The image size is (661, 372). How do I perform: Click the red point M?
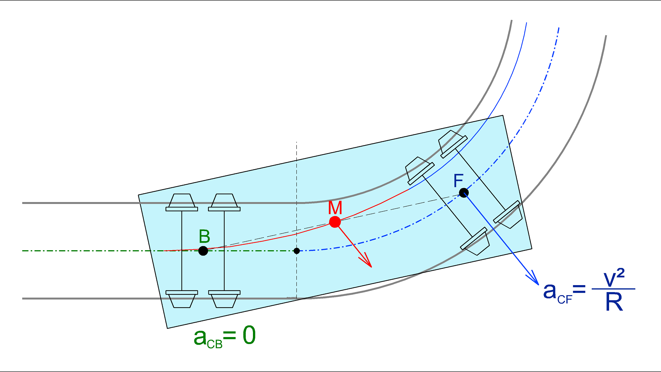tap(335, 222)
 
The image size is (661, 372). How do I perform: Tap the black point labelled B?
tap(203, 251)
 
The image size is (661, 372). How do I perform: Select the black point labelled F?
tap(464, 193)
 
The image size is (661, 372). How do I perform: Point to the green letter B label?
tap(204, 236)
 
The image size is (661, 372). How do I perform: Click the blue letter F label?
tap(458, 181)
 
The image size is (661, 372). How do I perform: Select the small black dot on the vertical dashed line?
tap(297, 251)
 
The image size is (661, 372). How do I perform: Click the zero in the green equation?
tap(249, 335)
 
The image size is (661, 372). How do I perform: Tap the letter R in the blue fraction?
tap(614, 302)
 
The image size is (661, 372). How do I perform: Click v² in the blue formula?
tap(614, 278)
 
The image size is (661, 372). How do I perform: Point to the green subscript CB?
tap(215, 344)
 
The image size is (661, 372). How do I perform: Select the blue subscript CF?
tap(565, 299)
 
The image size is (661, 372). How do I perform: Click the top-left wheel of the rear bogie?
tap(182, 202)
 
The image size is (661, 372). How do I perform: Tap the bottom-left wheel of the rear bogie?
tap(182, 299)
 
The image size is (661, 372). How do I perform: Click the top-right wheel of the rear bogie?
tap(224, 202)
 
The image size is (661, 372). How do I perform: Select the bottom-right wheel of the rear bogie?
tap(224, 299)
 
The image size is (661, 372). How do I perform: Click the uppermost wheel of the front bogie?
tap(452, 144)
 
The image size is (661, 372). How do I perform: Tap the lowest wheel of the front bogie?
tap(475, 241)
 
